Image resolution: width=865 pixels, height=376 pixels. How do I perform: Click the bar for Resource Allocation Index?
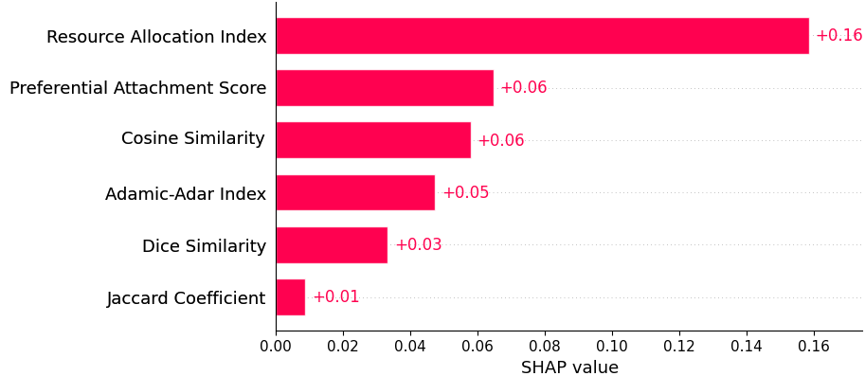point(542,36)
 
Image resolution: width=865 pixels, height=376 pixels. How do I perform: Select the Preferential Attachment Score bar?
point(385,88)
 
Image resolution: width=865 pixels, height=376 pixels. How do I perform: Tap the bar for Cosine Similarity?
point(373,140)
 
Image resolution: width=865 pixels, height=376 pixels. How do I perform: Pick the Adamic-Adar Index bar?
point(355,192)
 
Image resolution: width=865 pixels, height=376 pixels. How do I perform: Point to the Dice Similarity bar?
point(332,245)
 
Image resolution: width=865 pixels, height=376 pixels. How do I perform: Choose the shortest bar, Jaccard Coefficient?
point(291,297)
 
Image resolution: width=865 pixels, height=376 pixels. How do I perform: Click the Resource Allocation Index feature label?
point(156,37)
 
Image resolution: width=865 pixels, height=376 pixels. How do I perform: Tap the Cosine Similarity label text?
point(193,139)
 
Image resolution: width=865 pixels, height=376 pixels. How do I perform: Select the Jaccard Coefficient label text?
point(186,298)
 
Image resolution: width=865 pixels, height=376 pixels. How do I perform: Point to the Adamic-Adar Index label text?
point(186,194)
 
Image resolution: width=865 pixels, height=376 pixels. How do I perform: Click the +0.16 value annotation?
point(838,36)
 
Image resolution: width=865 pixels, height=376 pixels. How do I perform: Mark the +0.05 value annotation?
point(466,193)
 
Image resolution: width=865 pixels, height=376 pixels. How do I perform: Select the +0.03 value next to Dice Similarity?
point(419,245)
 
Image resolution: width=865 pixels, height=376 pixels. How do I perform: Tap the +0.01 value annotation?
point(336,297)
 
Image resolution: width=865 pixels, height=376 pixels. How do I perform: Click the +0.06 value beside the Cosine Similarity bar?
point(501,141)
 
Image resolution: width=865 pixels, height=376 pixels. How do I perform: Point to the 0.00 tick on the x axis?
point(276,347)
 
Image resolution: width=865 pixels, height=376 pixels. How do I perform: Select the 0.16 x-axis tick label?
point(814,347)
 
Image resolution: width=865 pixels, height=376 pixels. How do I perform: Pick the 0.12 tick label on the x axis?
point(679,347)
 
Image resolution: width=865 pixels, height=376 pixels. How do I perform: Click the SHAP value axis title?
point(569,367)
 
